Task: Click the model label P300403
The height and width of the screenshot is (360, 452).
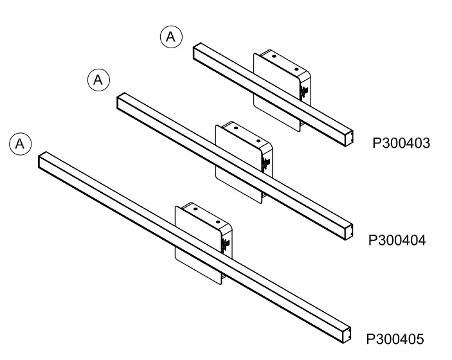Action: click(x=401, y=142)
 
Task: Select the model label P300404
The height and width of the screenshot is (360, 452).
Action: click(x=397, y=240)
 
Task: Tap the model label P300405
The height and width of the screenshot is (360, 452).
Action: click(x=395, y=339)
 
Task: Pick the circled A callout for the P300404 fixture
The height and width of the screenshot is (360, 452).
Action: click(x=98, y=80)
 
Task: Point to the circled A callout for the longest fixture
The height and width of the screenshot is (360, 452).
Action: click(x=20, y=143)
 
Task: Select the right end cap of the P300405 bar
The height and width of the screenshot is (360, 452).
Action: click(x=348, y=333)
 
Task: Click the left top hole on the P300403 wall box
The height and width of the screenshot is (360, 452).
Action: click(x=273, y=57)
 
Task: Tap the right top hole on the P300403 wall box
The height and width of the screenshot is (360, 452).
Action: click(x=296, y=68)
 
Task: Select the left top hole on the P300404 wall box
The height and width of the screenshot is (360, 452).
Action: click(x=235, y=129)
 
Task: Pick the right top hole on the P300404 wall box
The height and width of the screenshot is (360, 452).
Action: click(x=258, y=140)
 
